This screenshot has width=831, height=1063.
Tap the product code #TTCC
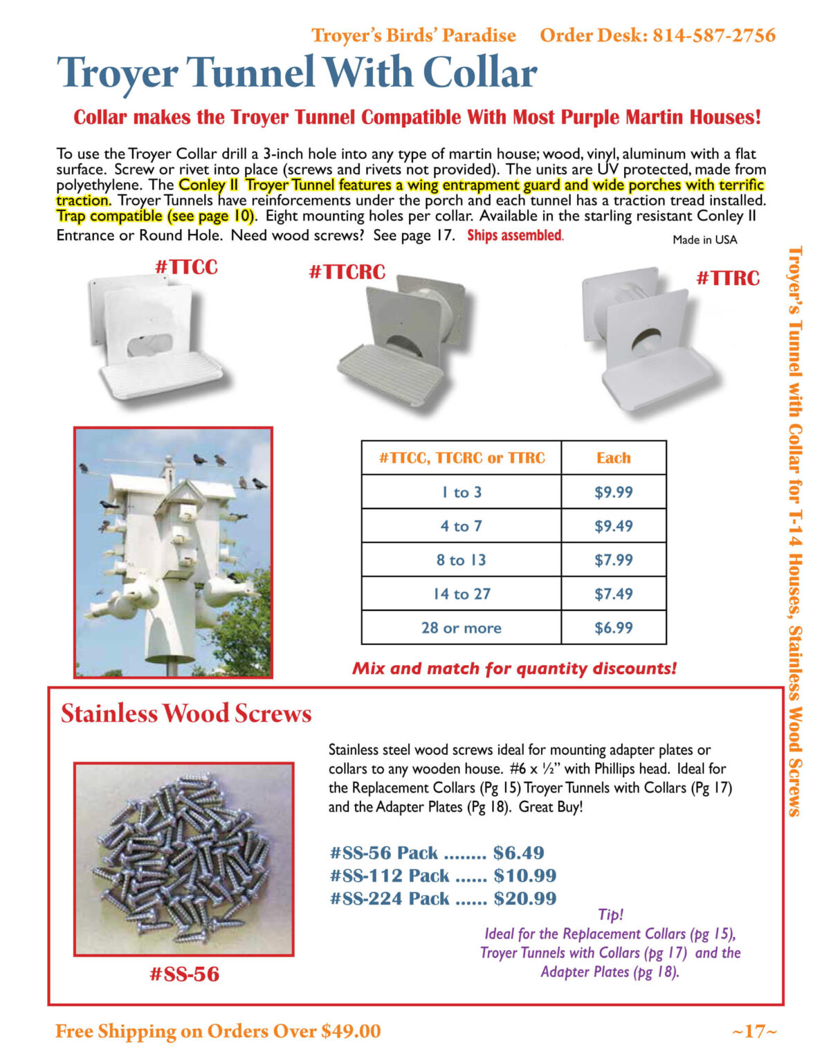click(186, 267)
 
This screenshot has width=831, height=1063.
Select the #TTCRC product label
click(347, 272)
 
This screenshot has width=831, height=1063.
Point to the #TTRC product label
click(727, 278)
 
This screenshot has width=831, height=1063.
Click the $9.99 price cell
click(614, 492)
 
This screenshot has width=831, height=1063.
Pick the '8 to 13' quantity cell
click(461, 560)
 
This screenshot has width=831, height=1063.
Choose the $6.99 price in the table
click(614, 628)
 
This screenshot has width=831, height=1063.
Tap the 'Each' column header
click(613, 457)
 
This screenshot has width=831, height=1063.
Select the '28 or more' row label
click(461, 628)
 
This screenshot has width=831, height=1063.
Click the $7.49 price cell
click(614, 594)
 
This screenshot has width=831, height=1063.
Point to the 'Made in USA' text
click(704, 239)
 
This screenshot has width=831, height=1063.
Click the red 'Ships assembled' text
click(515, 235)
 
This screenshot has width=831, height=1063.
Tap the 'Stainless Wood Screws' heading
click(186, 714)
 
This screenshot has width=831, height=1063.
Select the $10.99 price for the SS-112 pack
click(524, 875)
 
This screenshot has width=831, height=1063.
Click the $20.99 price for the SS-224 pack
click(524, 898)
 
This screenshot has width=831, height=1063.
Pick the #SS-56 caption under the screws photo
click(184, 974)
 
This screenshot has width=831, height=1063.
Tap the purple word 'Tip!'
click(610, 914)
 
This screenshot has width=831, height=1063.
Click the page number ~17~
click(754, 1031)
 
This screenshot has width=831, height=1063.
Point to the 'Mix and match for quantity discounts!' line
click(514, 669)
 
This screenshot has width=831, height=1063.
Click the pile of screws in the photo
click(183, 858)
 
